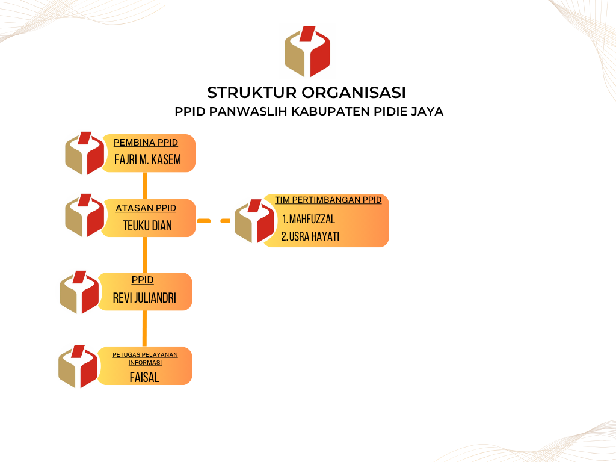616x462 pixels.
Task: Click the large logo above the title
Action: point(307,52)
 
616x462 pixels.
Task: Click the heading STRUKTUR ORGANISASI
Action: point(306,93)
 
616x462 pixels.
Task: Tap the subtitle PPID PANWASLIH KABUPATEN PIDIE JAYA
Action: point(309,111)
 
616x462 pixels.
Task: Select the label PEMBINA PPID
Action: point(146,143)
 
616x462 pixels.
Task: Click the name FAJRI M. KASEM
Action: point(148,159)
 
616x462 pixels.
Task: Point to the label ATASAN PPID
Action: point(146,208)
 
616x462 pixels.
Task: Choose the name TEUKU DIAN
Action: point(147,226)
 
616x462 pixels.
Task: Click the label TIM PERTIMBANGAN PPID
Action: point(328,200)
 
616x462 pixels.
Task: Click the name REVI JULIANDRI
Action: point(144,298)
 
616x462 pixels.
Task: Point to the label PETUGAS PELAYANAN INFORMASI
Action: point(145,359)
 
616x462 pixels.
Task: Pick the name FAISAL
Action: point(144,378)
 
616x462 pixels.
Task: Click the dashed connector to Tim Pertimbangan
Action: point(214,221)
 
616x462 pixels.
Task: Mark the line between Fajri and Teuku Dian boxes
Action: point(145,186)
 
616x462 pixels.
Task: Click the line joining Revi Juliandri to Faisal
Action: point(144,329)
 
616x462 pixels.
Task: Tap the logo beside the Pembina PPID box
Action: point(84,153)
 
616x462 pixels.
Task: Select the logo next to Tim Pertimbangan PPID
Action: point(254,221)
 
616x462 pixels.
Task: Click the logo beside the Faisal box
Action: point(78,366)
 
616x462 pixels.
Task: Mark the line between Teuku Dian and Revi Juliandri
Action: point(144,255)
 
